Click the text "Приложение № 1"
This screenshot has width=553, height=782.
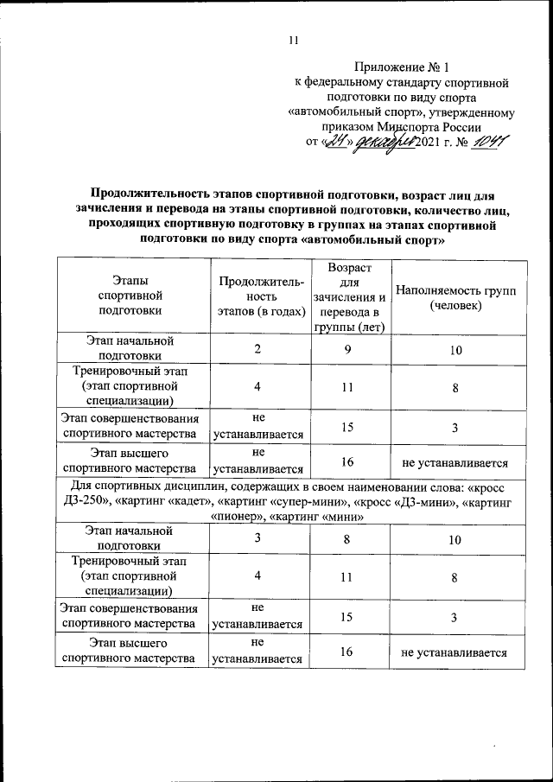403,67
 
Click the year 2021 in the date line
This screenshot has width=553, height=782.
430,143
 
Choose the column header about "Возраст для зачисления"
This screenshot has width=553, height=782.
348,297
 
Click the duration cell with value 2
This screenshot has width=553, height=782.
257,348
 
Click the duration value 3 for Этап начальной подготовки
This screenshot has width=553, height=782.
257,538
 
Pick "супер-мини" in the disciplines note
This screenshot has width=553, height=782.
302,502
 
